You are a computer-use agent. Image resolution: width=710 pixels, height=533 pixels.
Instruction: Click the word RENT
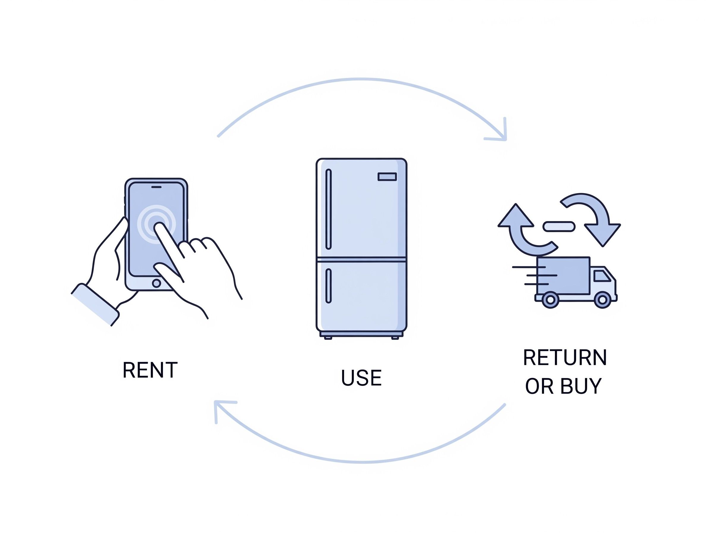pos(150,370)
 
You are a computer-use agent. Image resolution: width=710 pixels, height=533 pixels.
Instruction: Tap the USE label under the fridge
pos(361,378)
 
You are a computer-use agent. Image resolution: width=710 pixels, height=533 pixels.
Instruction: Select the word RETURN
pos(565,358)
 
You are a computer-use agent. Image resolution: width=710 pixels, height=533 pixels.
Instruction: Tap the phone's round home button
pos(157,283)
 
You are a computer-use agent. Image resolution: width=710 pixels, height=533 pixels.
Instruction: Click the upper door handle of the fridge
pos(328,209)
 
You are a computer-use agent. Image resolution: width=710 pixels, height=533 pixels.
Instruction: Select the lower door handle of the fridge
pos(328,286)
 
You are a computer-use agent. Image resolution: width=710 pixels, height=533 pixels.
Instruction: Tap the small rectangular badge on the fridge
pos(387,177)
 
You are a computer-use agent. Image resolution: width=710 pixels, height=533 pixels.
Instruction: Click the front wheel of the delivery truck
pos(602,300)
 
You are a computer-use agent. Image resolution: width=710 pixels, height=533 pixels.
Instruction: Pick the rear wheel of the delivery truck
pos(550,300)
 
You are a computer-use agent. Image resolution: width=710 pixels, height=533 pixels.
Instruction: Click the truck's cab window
pos(602,276)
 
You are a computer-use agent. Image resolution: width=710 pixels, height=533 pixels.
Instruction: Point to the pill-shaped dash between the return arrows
pos(558,227)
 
